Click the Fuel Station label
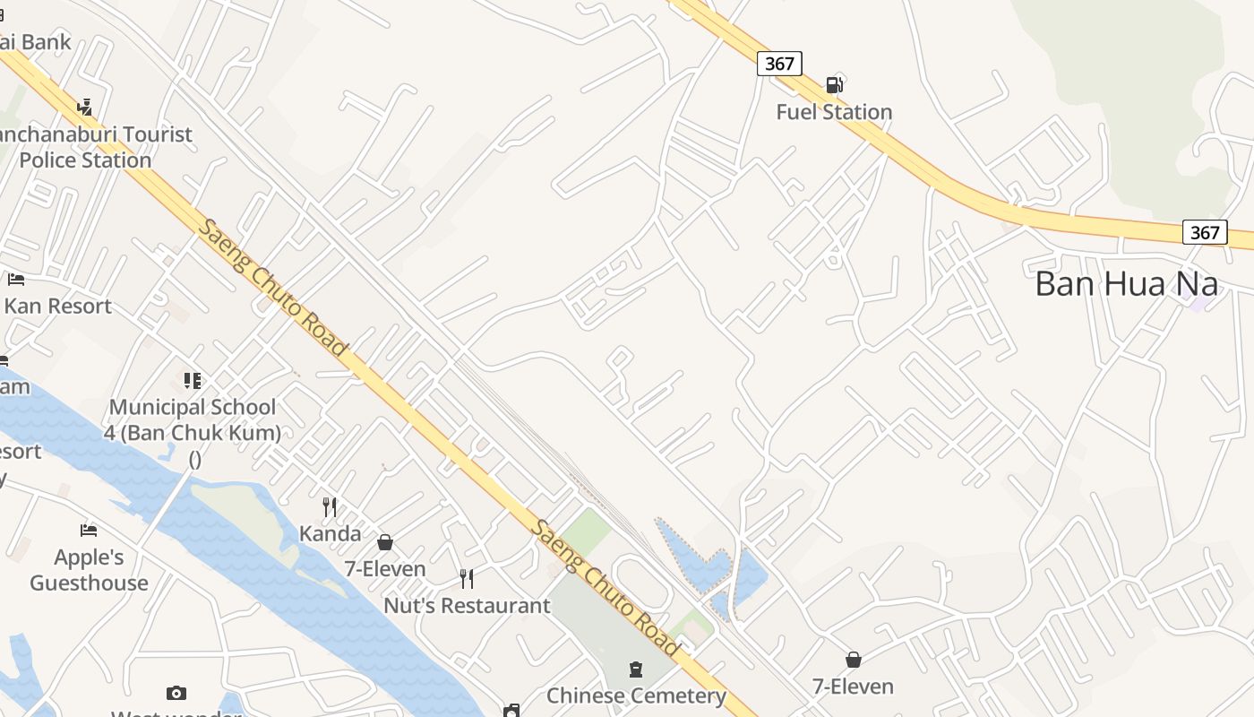click(x=834, y=112)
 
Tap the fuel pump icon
click(x=834, y=85)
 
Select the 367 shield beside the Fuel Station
click(x=779, y=64)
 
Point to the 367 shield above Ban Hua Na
click(x=1205, y=232)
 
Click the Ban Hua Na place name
click(x=1126, y=284)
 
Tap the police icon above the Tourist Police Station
click(x=85, y=108)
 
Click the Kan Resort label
click(x=57, y=306)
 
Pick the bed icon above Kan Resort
click(x=15, y=280)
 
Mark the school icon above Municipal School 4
click(x=193, y=381)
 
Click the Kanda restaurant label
click(x=330, y=533)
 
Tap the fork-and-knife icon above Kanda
click(x=330, y=507)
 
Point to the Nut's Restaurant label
click(x=467, y=606)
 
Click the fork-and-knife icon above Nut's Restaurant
click(x=466, y=579)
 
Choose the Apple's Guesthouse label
click(x=89, y=570)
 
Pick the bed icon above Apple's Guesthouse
click(x=88, y=531)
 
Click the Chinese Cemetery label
click(x=636, y=695)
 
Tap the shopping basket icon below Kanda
click(x=385, y=542)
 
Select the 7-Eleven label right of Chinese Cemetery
click(x=853, y=687)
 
